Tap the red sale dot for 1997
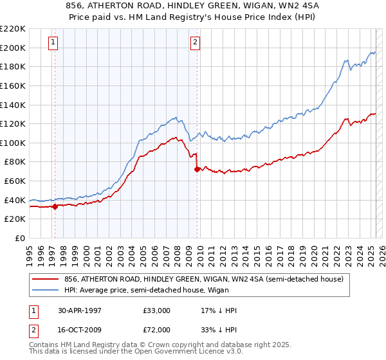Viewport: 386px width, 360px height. point(55,206)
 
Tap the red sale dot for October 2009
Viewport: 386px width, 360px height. point(197,170)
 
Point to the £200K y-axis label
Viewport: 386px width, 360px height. point(13,48)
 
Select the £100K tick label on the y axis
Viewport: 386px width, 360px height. point(13,143)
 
